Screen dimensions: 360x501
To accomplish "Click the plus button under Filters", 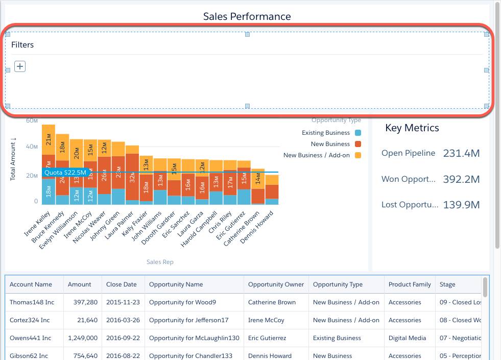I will pyautogui.click(x=20, y=66).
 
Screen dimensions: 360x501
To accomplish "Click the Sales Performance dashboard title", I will pyautogui.click(x=247, y=16).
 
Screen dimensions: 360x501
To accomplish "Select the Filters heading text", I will pyautogui.click(x=22, y=45).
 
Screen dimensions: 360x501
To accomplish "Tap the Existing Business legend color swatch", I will pyautogui.click(x=357, y=133).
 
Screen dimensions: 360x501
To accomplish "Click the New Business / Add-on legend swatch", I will pyautogui.click(x=357, y=155).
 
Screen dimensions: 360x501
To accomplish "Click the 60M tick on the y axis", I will pyautogui.click(x=32, y=121).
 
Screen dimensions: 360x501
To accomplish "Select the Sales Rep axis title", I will pyautogui.click(x=160, y=262).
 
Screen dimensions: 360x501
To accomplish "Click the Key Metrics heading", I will pyautogui.click(x=412, y=128).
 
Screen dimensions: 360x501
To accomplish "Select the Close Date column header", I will pyautogui.click(x=122, y=284).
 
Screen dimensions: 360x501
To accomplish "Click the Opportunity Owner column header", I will pyautogui.click(x=276, y=284).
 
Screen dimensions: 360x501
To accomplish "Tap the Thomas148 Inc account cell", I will pyautogui.click(x=32, y=302).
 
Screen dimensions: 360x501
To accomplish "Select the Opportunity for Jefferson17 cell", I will pyautogui.click(x=188, y=320).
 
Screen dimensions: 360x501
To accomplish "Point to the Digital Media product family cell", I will pyautogui.click(x=407, y=338).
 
